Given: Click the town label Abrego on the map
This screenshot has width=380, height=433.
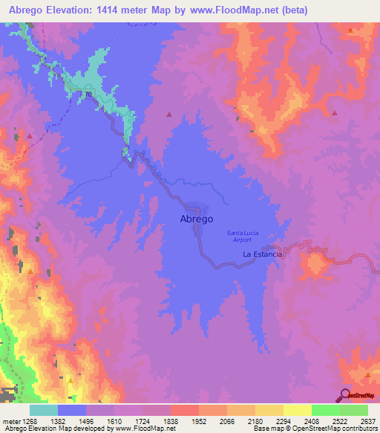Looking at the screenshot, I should [x=197, y=219].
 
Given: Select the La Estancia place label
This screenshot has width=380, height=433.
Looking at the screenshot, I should [x=263, y=254].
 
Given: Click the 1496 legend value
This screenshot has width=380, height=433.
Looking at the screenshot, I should [x=86, y=421].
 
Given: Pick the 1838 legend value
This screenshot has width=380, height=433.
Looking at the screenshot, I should [x=171, y=421].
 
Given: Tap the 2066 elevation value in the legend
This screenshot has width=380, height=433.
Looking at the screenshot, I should [x=227, y=421].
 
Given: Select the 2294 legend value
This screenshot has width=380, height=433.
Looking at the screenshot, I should [x=284, y=421].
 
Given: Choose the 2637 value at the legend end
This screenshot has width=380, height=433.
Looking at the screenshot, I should [x=367, y=421].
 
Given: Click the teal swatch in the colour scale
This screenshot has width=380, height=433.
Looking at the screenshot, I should [x=44, y=410].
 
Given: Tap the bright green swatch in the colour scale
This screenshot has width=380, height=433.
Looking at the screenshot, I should [x=326, y=410].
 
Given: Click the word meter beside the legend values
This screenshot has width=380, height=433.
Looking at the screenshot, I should [x=11, y=421].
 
